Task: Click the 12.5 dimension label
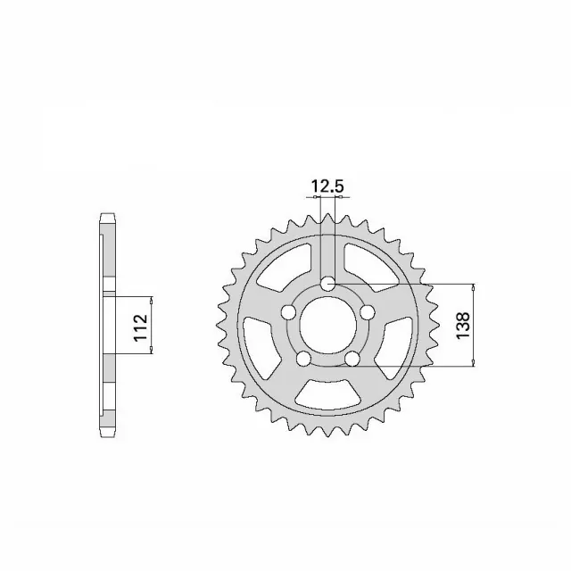tap(327, 186)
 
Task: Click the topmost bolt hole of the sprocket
tap(328, 284)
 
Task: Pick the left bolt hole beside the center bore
tap(288, 312)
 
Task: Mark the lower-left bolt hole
tap(303, 359)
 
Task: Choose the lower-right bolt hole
tap(352, 359)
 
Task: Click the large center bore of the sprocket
tap(327, 326)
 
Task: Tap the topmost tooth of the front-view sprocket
tap(327, 214)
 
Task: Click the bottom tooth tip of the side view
tap(107, 434)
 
